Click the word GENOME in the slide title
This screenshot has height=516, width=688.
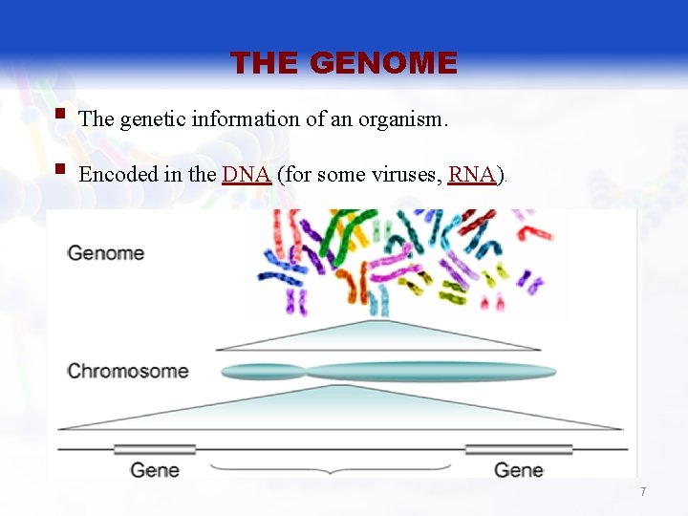[384, 63]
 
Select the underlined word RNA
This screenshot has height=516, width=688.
[471, 175]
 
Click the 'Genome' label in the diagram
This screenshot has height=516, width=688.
[105, 253]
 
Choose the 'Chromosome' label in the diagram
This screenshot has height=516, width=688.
[127, 371]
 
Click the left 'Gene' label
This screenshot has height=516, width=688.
[155, 469]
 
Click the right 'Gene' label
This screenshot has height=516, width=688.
[519, 469]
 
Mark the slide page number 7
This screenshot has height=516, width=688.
[643, 491]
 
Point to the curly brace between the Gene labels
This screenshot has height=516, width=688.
[330, 468]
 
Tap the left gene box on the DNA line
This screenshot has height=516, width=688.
[155, 448]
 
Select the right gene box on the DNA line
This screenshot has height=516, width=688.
[518, 448]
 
